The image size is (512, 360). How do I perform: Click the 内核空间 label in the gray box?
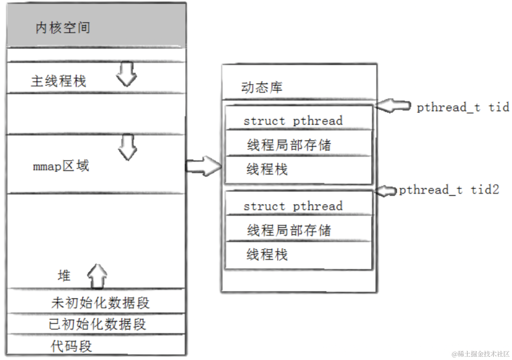[63, 28]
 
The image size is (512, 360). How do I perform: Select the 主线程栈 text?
[58, 81]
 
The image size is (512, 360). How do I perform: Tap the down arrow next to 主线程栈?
[127, 75]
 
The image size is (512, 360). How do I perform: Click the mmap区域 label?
[61, 166]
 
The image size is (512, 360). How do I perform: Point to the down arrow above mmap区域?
[128, 147]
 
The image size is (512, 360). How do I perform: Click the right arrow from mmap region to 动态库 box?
[204, 166]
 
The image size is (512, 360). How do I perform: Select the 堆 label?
[64, 276]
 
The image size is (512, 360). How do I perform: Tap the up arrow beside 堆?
[97, 276]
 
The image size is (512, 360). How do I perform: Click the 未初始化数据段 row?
[100, 303]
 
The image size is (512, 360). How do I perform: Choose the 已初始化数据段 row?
[97, 324]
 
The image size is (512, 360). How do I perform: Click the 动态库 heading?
[262, 88]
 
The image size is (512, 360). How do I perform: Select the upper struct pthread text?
[293, 121]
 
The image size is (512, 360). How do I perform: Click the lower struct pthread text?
[293, 206]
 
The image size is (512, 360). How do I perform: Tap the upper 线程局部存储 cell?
[289, 145]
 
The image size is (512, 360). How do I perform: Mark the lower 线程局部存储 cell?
[289, 230]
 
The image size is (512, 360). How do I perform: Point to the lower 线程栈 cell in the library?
[267, 255]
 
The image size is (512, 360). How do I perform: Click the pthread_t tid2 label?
[449, 190]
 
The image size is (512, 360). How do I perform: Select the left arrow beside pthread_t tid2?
[386, 191]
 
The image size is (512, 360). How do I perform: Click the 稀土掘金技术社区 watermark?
[480, 354]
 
